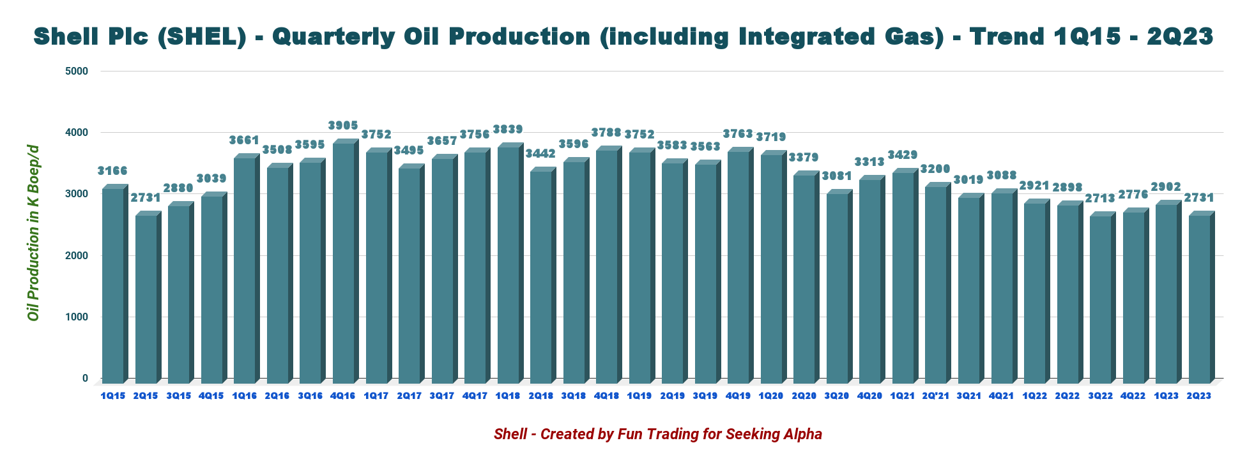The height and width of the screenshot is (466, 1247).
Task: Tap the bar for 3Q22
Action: click(x=1100, y=299)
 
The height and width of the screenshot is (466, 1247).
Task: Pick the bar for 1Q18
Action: click(x=508, y=265)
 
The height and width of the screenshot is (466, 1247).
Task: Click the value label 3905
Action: click(x=343, y=125)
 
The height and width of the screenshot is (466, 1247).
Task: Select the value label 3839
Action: click(x=508, y=130)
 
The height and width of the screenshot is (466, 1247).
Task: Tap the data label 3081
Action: click(x=837, y=176)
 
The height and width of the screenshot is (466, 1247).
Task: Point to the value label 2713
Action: click(x=1100, y=199)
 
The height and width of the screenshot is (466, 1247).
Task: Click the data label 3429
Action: click(x=903, y=155)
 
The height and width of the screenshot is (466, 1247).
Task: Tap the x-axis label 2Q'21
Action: click(x=935, y=396)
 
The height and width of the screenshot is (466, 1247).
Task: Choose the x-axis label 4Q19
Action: click(x=738, y=396)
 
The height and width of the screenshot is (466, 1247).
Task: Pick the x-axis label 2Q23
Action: click(x=1198, y=396)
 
